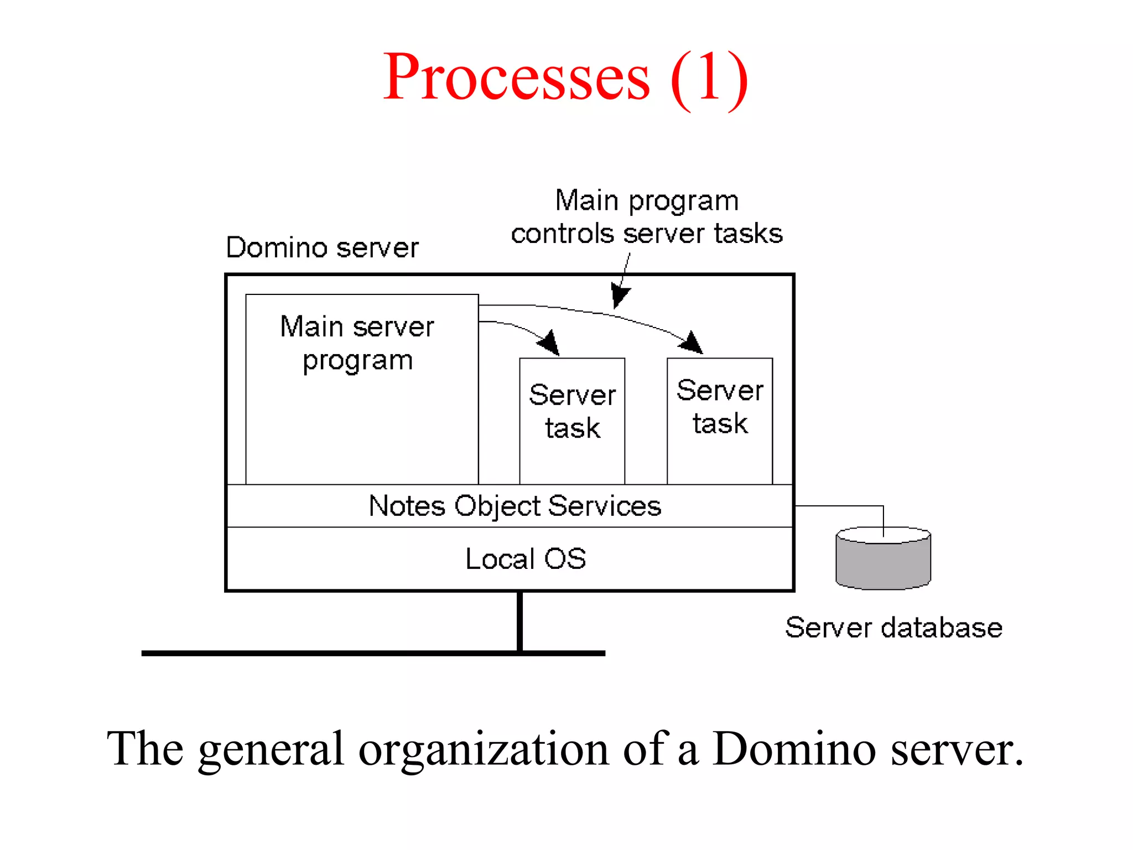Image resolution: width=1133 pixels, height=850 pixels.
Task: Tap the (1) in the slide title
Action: tap(709, 79)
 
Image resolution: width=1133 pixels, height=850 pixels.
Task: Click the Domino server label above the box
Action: tap(322, 247)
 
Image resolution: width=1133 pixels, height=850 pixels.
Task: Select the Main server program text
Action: tap(357, 343)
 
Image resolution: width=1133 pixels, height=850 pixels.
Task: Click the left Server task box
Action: tap(572, 421)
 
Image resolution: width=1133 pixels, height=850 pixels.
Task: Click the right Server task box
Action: tap(719, 421)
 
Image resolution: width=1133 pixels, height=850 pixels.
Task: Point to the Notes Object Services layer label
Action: tap(514, 506)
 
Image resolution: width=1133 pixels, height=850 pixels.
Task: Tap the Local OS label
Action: tap(526, 559)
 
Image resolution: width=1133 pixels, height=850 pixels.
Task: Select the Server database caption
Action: tap(893, 628)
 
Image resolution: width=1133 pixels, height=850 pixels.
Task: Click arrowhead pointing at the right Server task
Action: tap(692, 343)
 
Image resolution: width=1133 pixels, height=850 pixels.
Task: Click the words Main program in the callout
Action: tap(647, 200)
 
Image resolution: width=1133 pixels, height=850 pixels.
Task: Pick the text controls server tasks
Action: tap(647, 234)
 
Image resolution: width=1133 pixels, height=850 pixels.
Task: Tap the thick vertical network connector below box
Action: tap(519, 621)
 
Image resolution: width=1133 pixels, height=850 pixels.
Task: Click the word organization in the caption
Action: tap(484, 749)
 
